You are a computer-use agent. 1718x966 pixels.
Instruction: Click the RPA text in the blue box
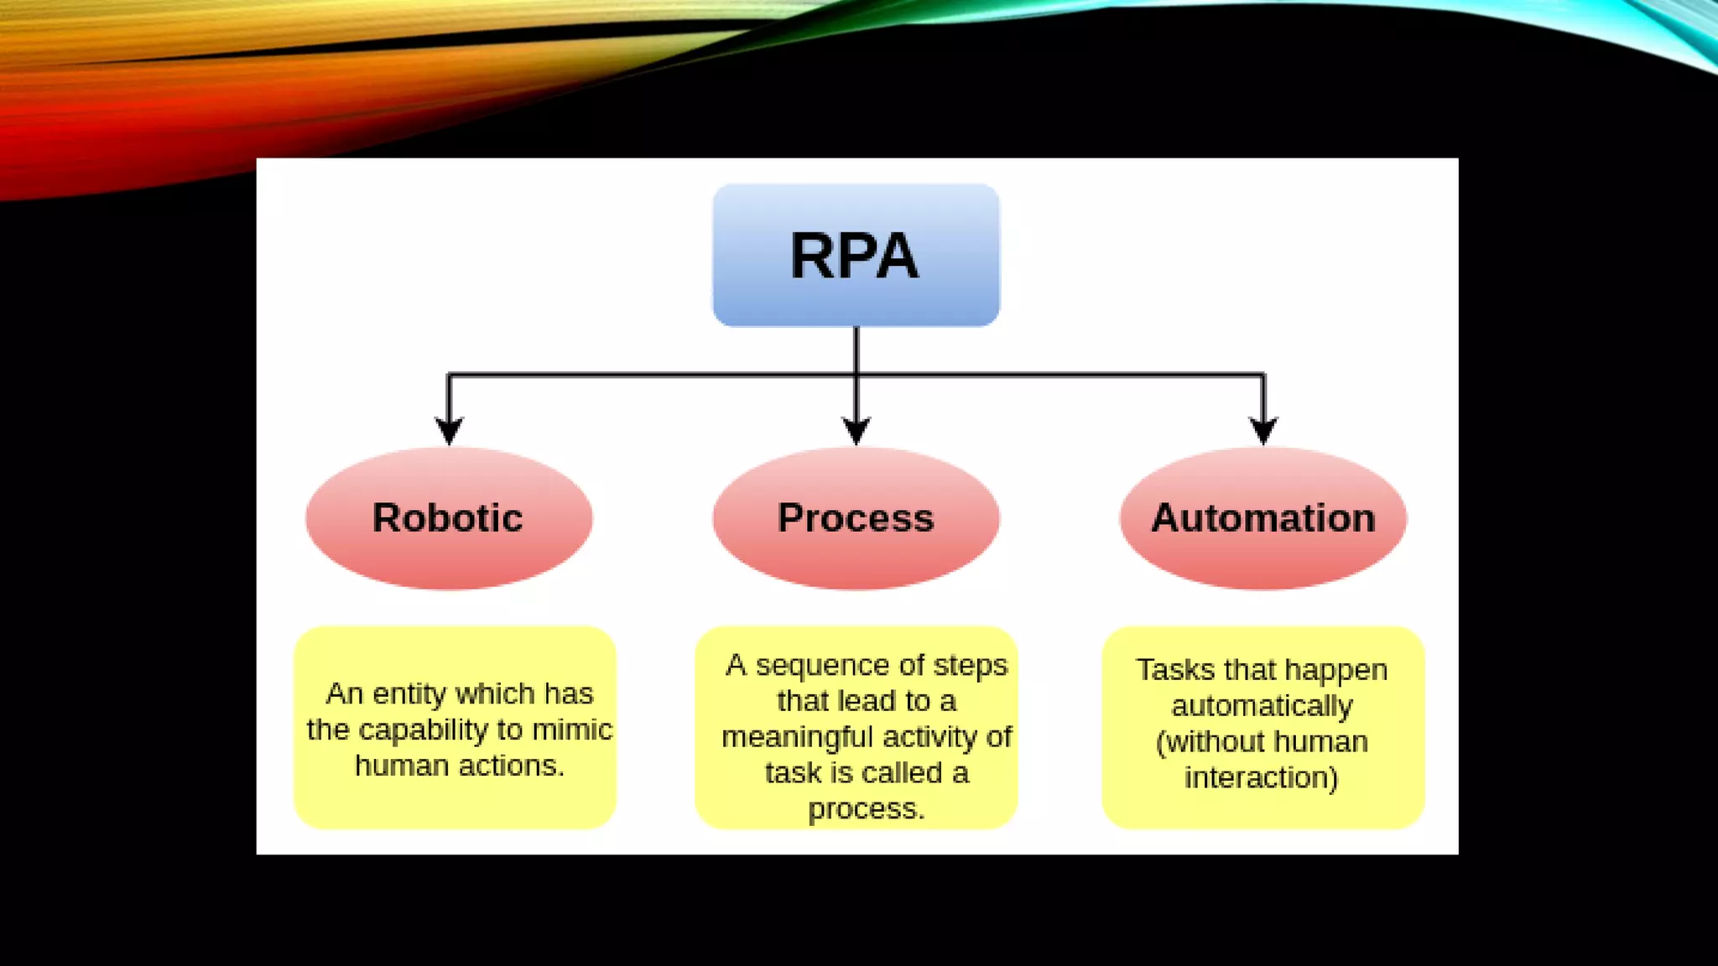tap(854, 256)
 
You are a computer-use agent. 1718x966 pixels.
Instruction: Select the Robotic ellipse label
tap(448, 517)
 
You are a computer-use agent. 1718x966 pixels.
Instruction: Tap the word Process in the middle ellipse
tap(856, 517)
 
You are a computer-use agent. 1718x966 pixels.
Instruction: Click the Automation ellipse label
tap(1263, 517)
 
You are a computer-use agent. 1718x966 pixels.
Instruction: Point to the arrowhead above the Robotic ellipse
tap(449, 431)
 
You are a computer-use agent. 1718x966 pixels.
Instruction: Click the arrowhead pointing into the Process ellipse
tap(856, 431)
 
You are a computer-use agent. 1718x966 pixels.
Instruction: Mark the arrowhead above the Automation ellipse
tap(1263, 431)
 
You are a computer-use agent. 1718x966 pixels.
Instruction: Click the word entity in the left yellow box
tap(409, 694)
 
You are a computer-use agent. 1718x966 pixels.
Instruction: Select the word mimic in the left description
tap(572, 730)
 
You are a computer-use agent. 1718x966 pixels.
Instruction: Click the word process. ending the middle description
tap(866, 809)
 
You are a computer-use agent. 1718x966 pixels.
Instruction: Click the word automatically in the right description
tap(1262, 706)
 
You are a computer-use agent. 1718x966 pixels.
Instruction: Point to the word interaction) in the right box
tap(1261, 778)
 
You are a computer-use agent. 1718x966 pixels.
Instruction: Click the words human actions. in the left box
tap(459, 766)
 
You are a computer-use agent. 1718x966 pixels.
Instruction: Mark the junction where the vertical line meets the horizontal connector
tap(856, 375)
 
